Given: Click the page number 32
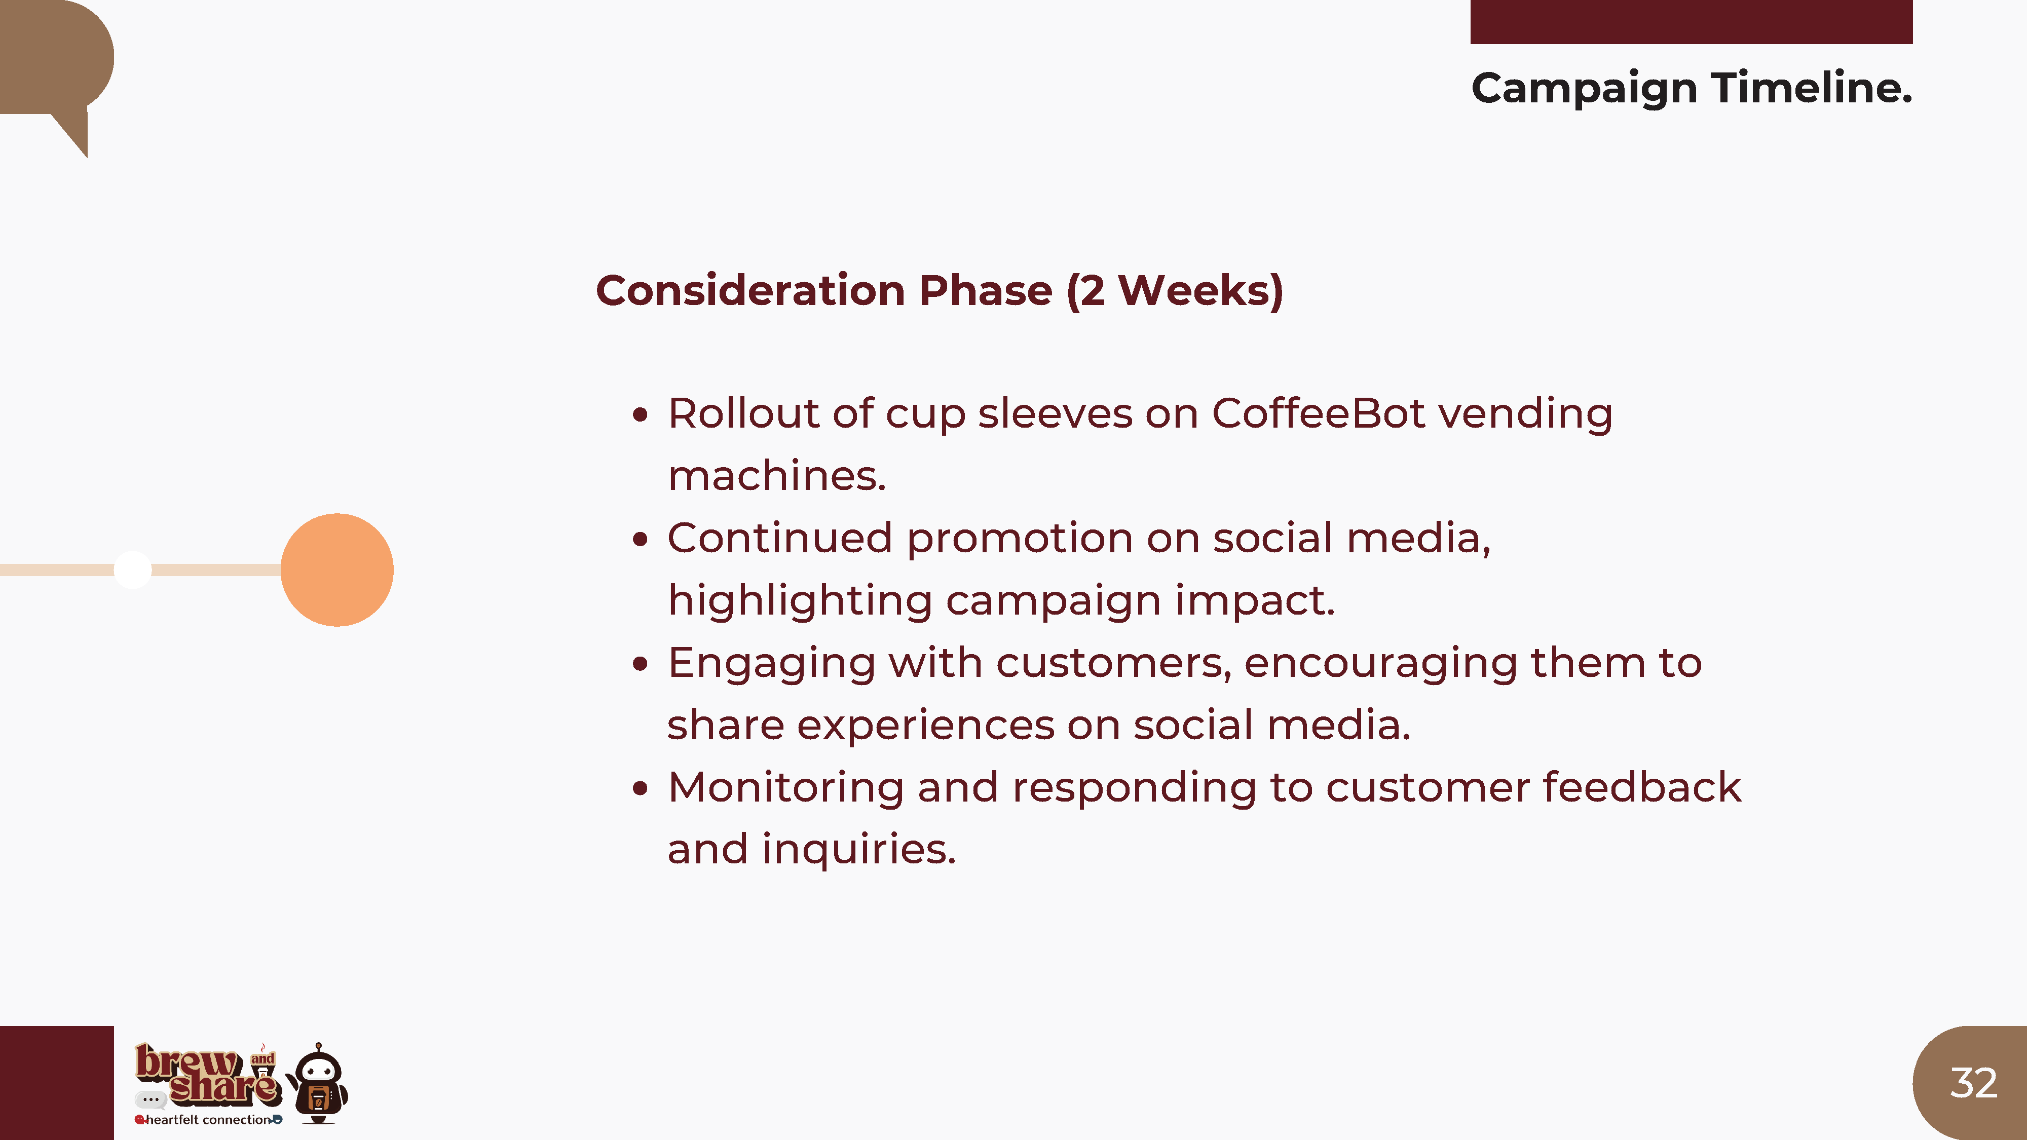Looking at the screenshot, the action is (1973, 1083).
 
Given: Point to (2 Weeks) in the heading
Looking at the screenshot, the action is (1175, 291).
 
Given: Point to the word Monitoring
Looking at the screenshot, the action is (785, 788).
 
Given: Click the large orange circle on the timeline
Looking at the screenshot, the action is (337, 569).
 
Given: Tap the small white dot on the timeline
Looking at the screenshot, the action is (132, 569).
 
